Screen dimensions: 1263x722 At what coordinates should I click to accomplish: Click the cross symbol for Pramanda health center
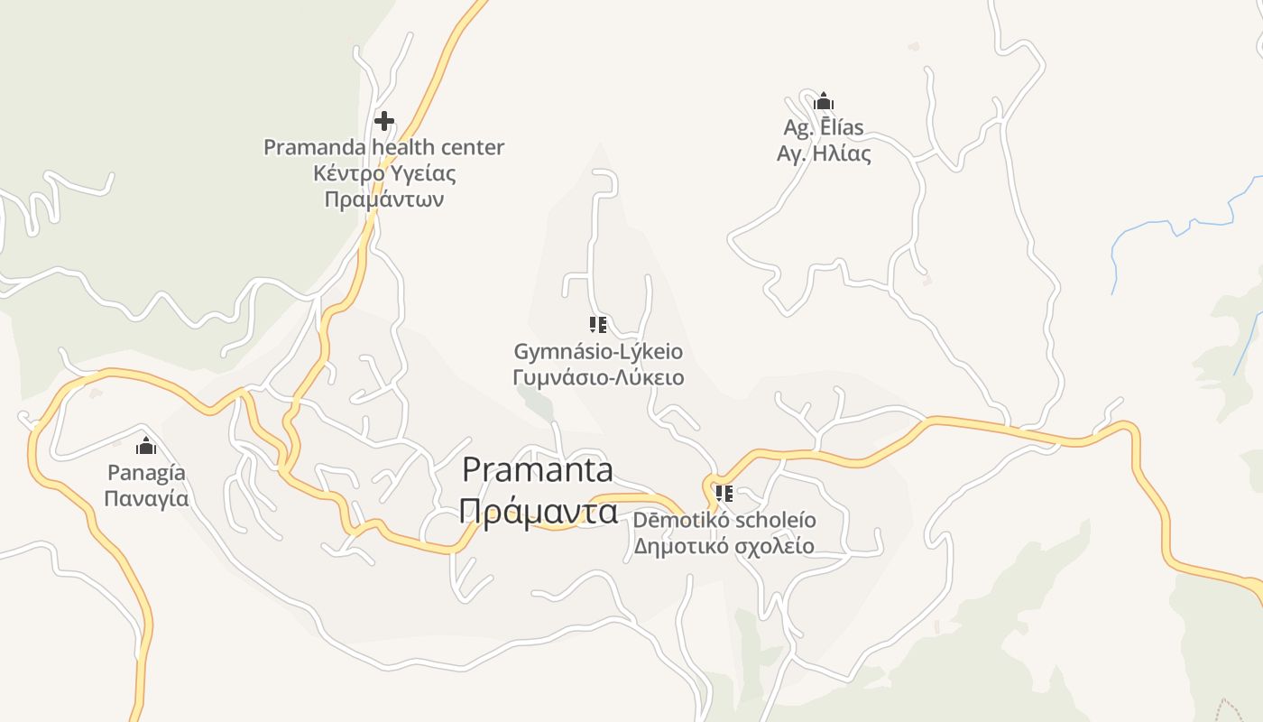pos(384,120)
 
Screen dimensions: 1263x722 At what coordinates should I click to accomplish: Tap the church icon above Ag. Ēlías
pos(824,100)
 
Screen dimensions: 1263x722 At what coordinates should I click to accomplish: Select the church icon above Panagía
pos(146,446)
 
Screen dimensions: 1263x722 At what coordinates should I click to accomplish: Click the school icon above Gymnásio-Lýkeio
pos(597,325)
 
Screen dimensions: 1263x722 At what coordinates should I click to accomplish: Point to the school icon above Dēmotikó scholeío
pos(724,494)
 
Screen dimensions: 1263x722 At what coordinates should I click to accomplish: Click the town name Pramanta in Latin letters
pos(538,469)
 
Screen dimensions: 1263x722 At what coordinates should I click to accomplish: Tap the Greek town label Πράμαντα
pos(538,511)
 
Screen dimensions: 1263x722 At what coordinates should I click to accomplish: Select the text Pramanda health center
pos(383,147)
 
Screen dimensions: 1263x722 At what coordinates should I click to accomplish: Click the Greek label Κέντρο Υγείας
pos(383,173)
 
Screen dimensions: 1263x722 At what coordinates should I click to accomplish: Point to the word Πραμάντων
pos(383,199)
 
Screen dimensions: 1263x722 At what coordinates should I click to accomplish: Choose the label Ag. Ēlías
pos(824,127)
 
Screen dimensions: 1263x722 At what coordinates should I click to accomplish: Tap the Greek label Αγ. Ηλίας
pos(824,153)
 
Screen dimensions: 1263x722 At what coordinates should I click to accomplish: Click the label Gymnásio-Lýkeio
pos(598,351)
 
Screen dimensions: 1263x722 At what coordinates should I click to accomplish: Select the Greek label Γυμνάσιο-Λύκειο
pos(598,377)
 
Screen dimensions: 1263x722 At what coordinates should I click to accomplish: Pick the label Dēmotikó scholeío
pos(724,520)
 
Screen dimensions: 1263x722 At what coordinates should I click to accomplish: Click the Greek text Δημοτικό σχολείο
pos(724,546)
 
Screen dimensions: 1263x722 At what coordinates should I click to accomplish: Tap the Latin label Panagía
pos(146,472)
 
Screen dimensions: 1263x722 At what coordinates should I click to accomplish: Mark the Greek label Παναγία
pos(146,498)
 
